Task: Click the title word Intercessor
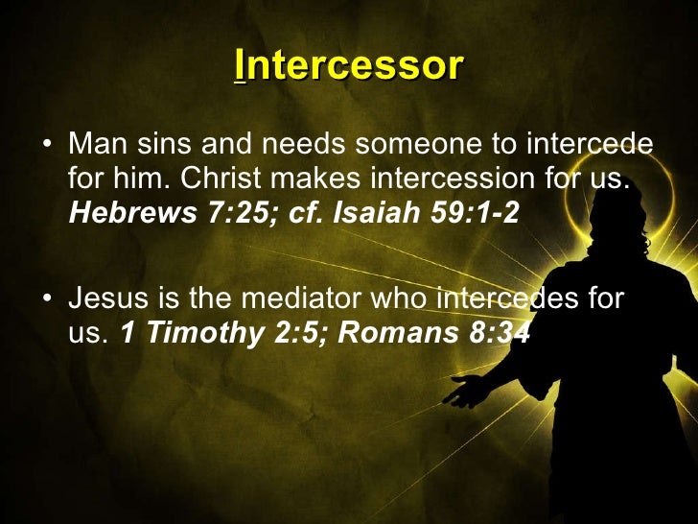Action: (x=349, y=66)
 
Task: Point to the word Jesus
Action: (x=99, y=299)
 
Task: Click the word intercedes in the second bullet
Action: (x=505, y=299)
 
